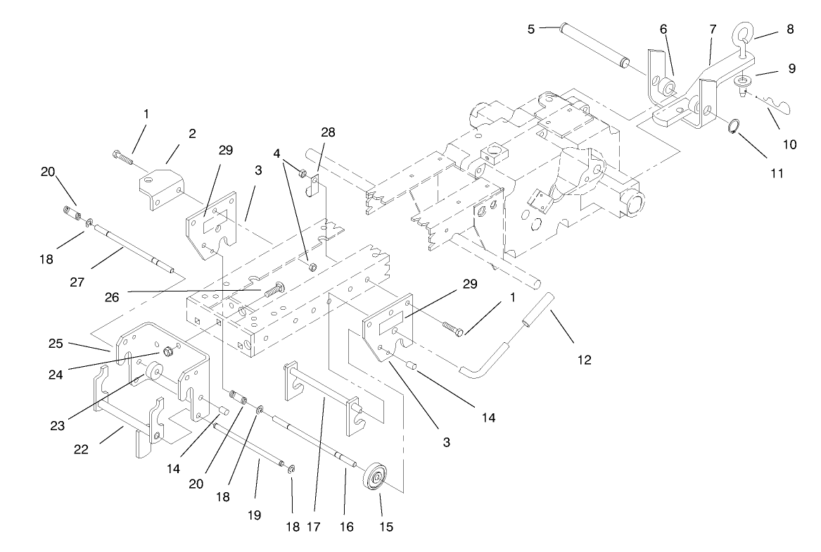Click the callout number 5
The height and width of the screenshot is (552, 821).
tap(531, 30)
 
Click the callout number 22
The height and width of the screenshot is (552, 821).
tap(81, 449)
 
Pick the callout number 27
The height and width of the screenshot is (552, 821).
tap(77, 282)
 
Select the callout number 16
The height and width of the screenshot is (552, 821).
tap(345, 525)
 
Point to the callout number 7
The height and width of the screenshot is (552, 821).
tap(713, 29)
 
